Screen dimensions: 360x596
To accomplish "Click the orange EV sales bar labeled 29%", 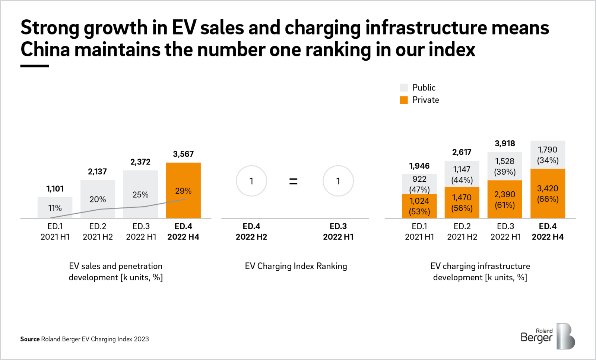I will (183, 191).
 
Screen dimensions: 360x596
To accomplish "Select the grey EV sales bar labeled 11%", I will (55, 208).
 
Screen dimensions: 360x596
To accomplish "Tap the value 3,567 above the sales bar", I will (183, 154).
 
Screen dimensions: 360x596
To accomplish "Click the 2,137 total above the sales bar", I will (97, 172).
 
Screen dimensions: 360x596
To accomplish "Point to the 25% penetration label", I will (140, 195).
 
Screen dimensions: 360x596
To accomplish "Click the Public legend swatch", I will (404, 88).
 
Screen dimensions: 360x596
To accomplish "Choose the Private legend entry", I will (425, 100).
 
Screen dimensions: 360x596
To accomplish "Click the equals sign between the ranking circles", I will (294, 182).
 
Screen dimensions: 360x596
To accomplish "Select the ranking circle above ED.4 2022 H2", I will (251, 181).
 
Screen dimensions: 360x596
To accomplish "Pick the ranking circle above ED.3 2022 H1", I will (338, 181).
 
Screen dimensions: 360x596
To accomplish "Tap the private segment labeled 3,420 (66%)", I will (548, 194).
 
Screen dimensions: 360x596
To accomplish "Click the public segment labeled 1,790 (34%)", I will (548, 155).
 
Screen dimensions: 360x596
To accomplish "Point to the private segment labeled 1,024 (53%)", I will (419, 206).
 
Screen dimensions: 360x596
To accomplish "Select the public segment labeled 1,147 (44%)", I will (462, 174).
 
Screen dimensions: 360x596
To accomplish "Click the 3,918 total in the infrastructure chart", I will (505, 144).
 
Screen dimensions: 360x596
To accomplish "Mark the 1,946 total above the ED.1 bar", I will (419, 166).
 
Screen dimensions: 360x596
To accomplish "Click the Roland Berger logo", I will (548, 336).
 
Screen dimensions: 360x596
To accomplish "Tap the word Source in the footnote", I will (30, 339).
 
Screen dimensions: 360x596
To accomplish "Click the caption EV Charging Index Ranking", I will (296, 266).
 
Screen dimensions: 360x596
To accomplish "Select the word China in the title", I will (45, 50).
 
